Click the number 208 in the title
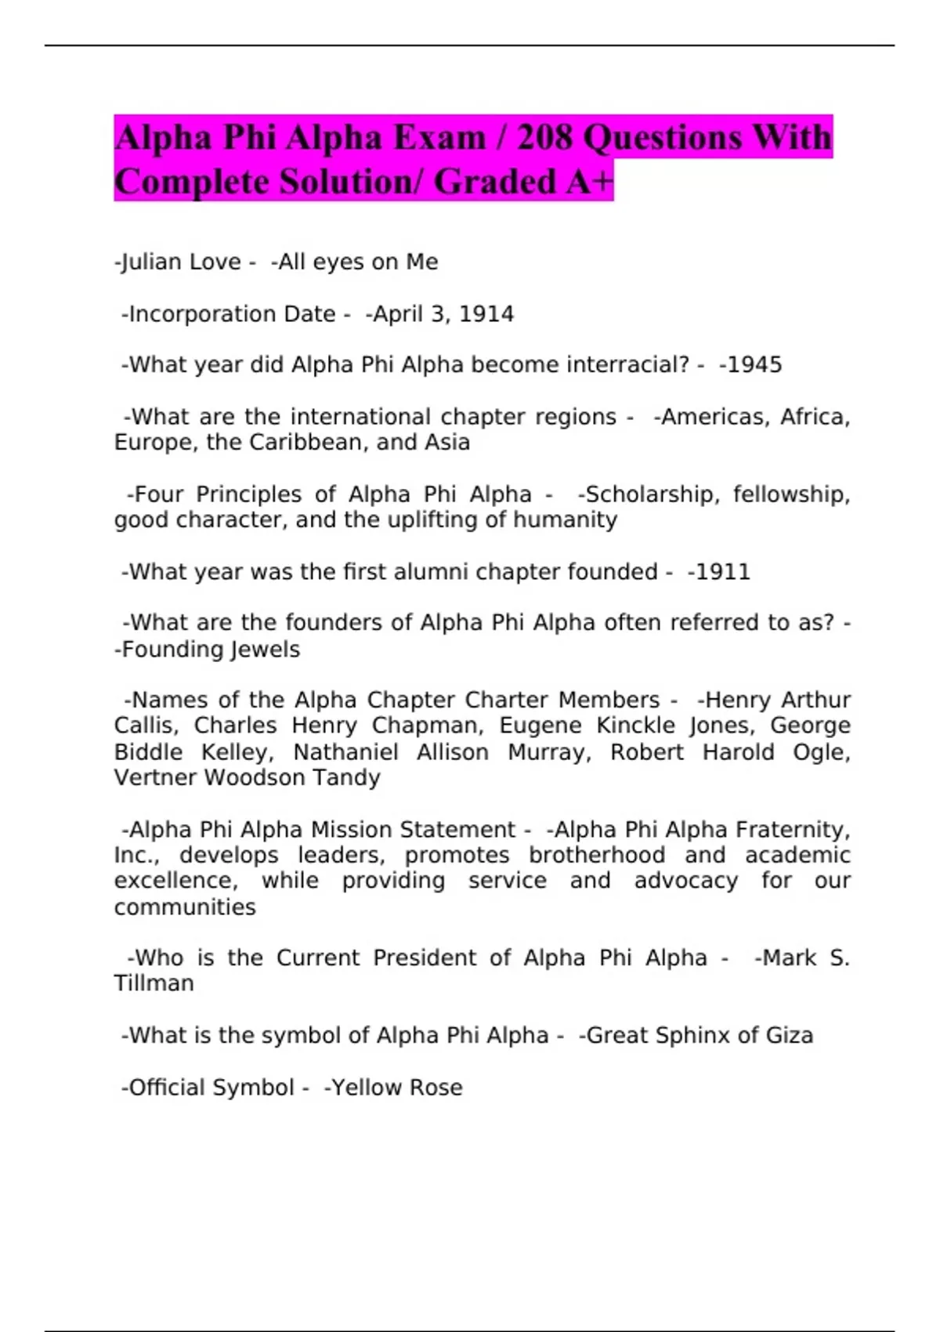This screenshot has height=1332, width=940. (x=544, y=138)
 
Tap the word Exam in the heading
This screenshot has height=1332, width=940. (x=439, y=138)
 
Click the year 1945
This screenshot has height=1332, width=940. (x=754, y=365)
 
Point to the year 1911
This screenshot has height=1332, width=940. (x=722, y=572)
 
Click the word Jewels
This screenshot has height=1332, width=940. (x=266, y=650)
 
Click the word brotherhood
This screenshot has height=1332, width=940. (x=597, y=855)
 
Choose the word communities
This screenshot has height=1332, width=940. (x=185, y=907)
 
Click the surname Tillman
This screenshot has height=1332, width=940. (x=154, y=983)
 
